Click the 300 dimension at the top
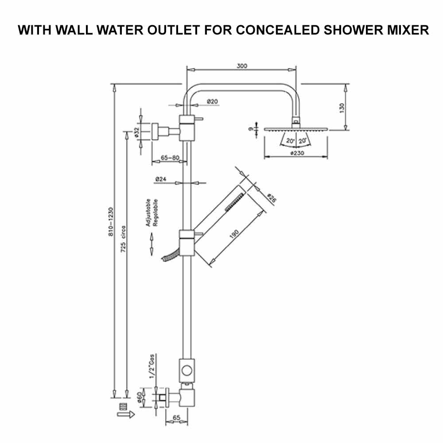pos(241,66)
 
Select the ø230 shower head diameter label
pos(296,153)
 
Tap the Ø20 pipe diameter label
pos(213,102)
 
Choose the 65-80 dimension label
pos(170,158)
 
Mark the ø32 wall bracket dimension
pos(137,132)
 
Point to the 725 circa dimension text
pos(123,240)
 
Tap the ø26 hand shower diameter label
pos(271,199)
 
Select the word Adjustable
pos(148,213)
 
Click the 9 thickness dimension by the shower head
pos(251,129)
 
